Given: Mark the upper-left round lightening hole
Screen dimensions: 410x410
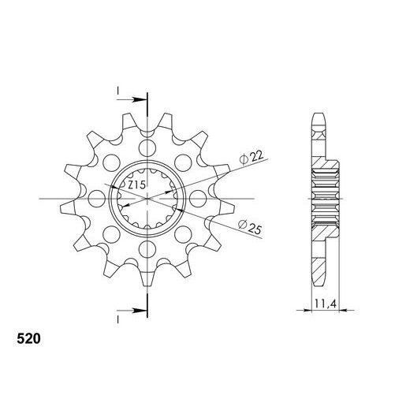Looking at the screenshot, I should [110, 162].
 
